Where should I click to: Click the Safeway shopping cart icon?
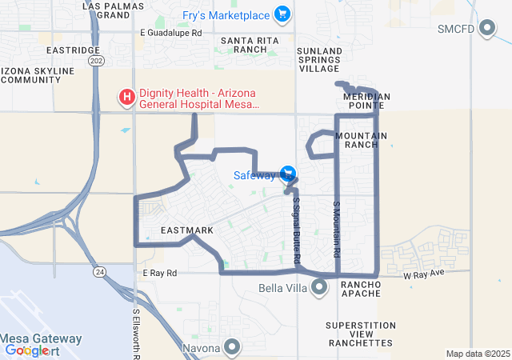coord(288,174)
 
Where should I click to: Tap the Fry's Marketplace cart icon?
coord(282,14)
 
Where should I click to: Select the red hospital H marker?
coord(126,98)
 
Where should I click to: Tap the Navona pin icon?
coord(232,348)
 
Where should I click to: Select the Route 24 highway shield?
coord(98,273)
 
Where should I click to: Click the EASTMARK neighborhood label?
coord(187,230)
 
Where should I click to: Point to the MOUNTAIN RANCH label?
coord(361,140)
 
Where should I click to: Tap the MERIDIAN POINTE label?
coord(366,101)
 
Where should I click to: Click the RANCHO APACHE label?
coord(366,284)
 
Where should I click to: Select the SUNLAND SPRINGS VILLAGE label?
coord(319,60)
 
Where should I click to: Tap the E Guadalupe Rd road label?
coord(171,33)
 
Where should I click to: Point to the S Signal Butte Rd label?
coord(296,231)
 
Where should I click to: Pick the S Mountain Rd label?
coord(337,228)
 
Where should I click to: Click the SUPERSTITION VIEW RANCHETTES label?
coord(360,334)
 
